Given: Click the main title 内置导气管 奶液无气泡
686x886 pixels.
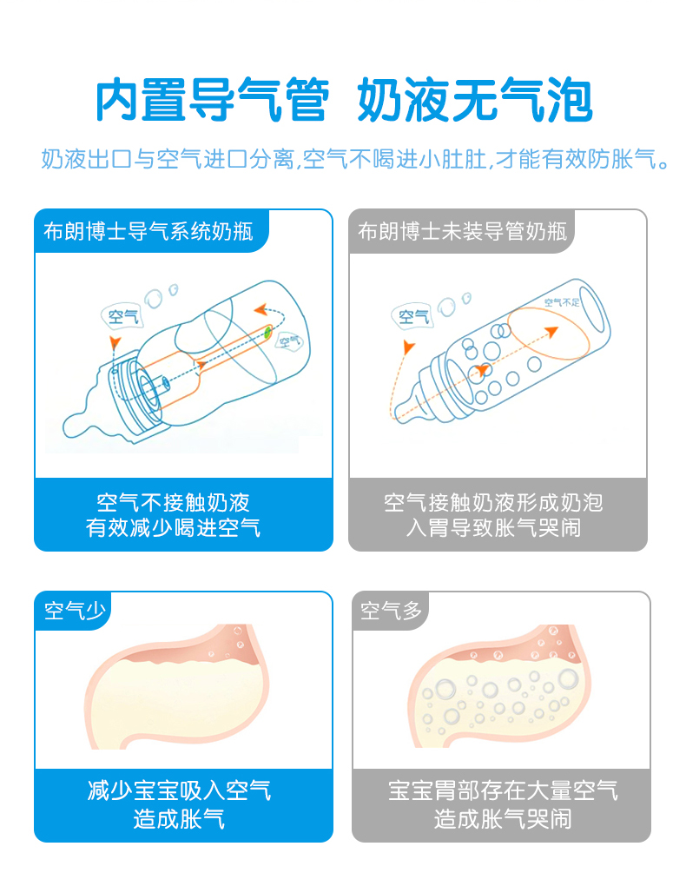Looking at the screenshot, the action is coord(344,100).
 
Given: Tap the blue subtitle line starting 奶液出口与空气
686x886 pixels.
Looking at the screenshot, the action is coord(355,159).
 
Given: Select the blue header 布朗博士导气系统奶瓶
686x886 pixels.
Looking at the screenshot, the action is coord(148,231).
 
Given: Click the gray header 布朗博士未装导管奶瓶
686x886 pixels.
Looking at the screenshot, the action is coord(462,231).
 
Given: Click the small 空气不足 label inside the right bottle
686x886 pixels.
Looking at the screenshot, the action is coord(562,302).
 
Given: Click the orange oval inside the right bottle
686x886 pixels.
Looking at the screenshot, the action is coord(548,333).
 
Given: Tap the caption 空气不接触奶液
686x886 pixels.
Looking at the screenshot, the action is coord(173,502).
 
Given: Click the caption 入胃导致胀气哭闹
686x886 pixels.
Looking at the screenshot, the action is coord(493,528).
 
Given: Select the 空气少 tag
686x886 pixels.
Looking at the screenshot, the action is coord(75,611).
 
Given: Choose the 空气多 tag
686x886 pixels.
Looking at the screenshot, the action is coord(391,611).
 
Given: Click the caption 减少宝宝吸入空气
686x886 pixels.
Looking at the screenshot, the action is coord(179,790).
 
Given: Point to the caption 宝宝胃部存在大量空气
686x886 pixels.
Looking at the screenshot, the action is coord(503,790).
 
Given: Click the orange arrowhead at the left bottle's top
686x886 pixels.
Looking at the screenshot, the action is coord(260,309).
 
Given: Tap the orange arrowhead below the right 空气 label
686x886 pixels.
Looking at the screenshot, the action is coord(408,346).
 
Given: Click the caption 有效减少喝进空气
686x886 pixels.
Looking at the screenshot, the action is coord(173,528).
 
